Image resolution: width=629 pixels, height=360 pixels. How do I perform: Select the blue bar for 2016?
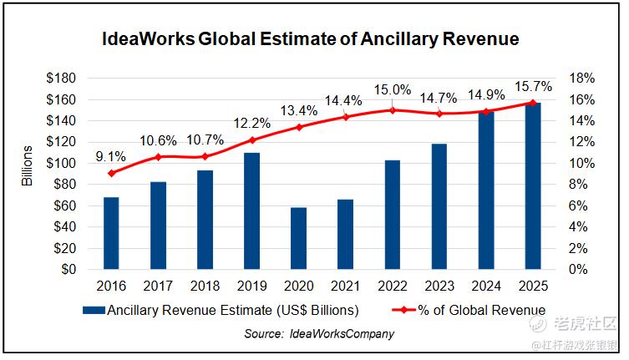[x=111, y=233]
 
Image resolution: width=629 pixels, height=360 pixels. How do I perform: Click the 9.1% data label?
[x=111, y=155]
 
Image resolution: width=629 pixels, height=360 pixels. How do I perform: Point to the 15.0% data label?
[x=392, y=90]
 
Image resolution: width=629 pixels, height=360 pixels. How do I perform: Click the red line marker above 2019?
[x=251, y=139]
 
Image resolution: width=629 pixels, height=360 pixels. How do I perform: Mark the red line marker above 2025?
[x=532, y=103]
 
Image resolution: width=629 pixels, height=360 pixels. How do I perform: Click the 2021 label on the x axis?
[x=345, y=286]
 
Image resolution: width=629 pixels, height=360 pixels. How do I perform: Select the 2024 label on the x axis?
[x=485, y=286]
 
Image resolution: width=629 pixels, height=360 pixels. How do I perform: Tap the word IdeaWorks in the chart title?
[x=147, y=39]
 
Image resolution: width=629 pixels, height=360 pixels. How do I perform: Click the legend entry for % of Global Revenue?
[x=472, y=310]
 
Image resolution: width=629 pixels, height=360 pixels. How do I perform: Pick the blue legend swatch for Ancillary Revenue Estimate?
[x=93, y=311]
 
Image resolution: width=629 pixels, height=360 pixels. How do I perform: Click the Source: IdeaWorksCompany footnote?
[x=318, y=333]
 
